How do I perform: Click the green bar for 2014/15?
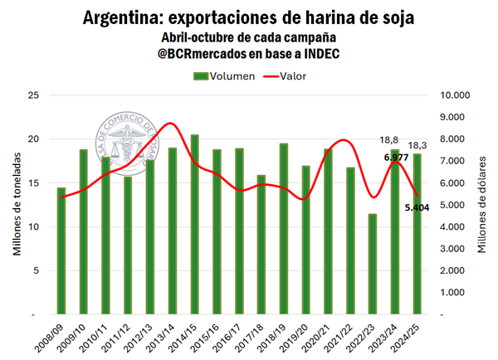point(194,225)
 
